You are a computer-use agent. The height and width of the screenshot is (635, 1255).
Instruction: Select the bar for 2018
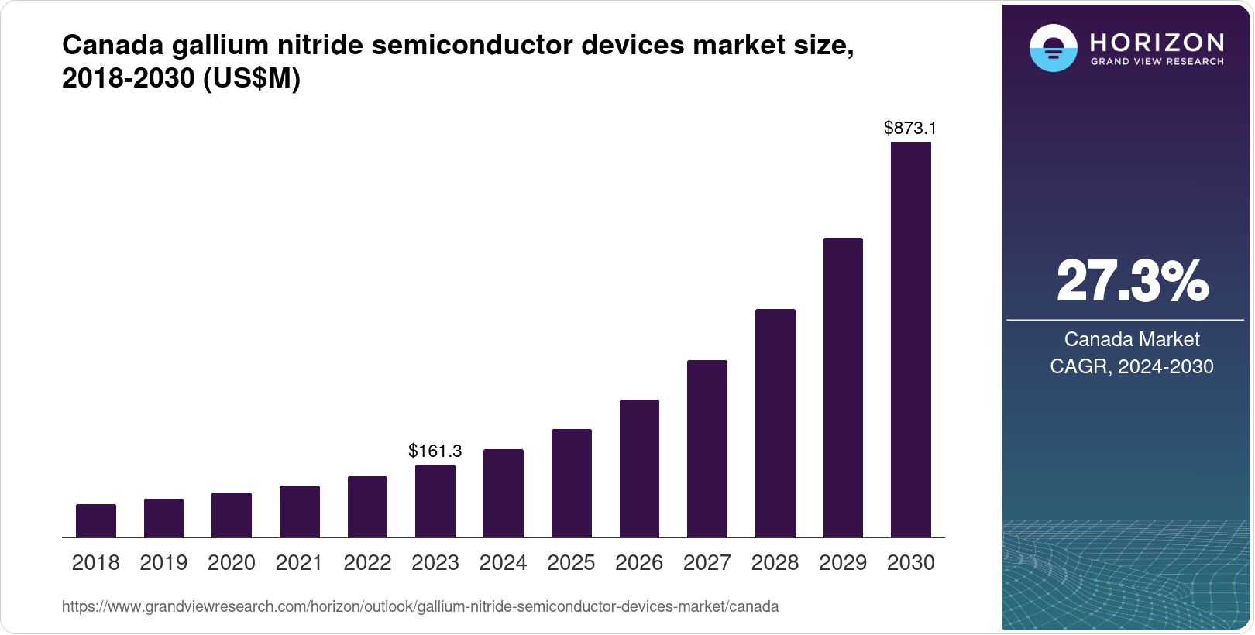point(96,520)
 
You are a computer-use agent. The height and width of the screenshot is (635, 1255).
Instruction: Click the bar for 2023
point(435,501)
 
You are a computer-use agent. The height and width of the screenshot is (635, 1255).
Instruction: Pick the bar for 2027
point(707,448)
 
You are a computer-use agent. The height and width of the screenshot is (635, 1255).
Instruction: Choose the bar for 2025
point(571,483)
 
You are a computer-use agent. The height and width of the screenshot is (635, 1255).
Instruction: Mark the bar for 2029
point(843,387)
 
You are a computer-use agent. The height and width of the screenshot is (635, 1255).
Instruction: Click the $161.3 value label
point(435,451)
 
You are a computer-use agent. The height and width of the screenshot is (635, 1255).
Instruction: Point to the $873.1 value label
point(910,129)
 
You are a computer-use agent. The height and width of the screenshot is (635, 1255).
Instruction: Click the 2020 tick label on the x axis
point(232,563)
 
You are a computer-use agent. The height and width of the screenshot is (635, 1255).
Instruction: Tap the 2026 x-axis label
point(639,563)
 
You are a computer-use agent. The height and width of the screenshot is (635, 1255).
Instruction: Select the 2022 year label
point(367,563)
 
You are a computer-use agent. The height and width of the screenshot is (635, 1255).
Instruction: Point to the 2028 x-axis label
point(775,563)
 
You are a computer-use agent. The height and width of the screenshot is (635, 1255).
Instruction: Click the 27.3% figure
point(1132,282)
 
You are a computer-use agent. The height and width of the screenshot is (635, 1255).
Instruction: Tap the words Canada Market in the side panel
point(1132,339)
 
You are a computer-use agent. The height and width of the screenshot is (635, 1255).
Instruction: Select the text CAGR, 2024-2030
point(1132,366)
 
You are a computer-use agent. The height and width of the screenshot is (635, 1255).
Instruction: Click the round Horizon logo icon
point(1053,48)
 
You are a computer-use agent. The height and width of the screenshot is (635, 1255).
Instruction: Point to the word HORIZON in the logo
point(1157,42)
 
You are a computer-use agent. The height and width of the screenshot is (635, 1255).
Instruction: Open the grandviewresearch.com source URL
point(420,607)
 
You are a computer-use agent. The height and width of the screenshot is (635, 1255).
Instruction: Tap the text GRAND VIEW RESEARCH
point(1157,62)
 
